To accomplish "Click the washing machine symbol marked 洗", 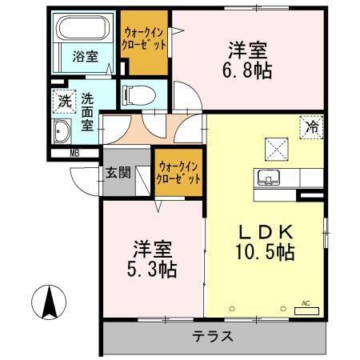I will point(63,102).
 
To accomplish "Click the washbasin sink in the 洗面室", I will point(62,132).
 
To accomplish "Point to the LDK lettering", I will point(268,233).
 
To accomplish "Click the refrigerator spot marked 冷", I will point(312,126).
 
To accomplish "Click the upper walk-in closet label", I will point(145,38).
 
